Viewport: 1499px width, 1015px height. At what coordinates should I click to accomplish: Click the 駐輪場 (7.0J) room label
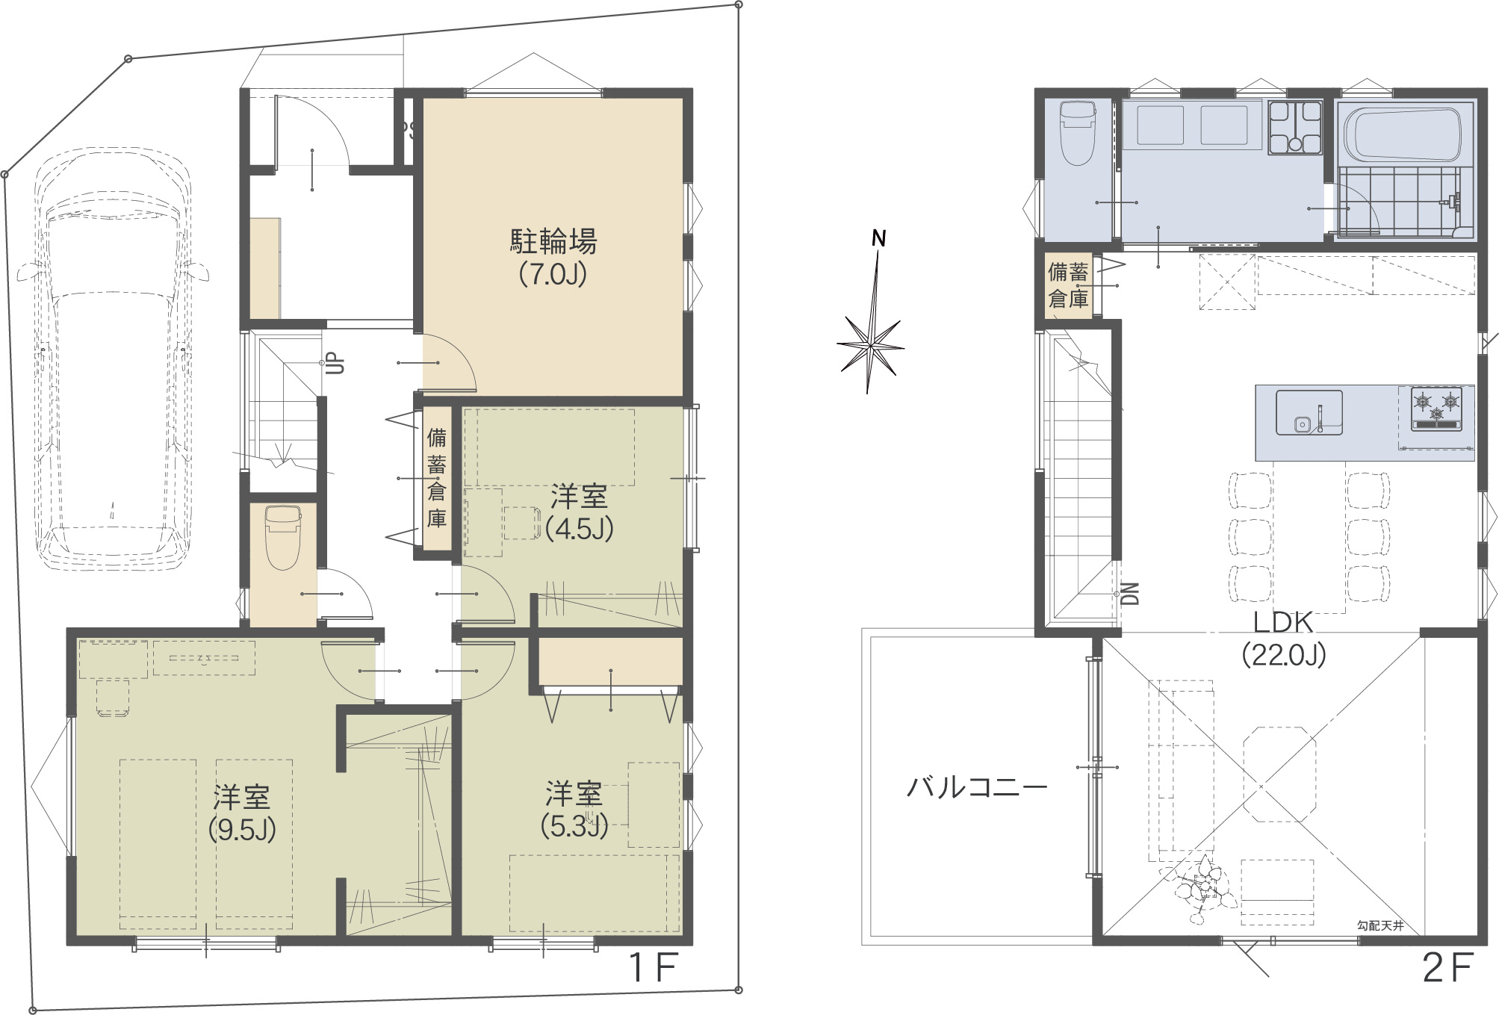pos(553,258)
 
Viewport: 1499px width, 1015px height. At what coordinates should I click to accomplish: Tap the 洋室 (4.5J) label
pos(579,512)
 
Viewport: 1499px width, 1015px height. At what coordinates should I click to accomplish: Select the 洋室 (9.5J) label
pos(242,813)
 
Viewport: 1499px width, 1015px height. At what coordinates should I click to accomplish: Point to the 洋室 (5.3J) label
pos(574,809)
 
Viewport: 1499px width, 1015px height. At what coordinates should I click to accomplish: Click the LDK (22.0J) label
pos(1283,638)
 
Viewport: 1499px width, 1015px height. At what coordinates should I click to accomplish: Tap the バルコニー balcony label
pos(977,787)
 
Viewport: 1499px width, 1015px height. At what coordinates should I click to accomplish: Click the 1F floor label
pos(654,969)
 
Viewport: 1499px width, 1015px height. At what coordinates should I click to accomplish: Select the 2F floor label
pos(1447,969)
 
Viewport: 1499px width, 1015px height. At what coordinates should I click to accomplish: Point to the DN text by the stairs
pos(1131,593)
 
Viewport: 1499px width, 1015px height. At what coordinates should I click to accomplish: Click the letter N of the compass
pos(879,238)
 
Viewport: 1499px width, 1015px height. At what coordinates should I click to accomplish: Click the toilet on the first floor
pos(283,536)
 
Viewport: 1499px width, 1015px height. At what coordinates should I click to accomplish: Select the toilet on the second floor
pos(1077,133)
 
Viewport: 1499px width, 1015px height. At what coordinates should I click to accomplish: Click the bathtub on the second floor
pos(1402,134)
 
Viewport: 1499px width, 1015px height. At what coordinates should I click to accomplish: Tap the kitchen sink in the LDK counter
pos(1309,412)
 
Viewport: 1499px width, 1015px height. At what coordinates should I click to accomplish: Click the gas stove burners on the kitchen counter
pos(1436,409)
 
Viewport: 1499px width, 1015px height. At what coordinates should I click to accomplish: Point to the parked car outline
pos(112,360)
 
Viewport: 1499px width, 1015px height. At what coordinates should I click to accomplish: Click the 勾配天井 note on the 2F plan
pos(1380,926)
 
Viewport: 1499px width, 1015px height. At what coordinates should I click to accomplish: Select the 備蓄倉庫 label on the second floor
pos(1068,285)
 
